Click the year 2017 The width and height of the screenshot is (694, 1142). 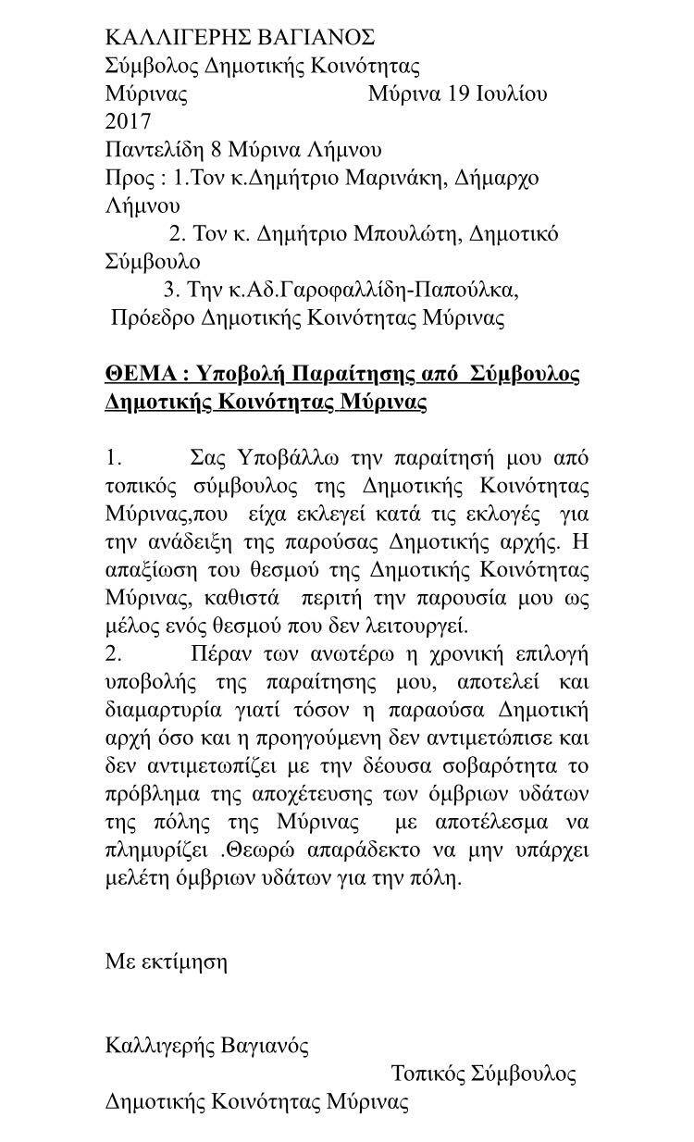coord(129,121)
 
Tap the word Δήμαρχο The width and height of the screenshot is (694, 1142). coord(500,178)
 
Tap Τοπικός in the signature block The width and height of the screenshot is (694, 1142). coord(428,1074)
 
